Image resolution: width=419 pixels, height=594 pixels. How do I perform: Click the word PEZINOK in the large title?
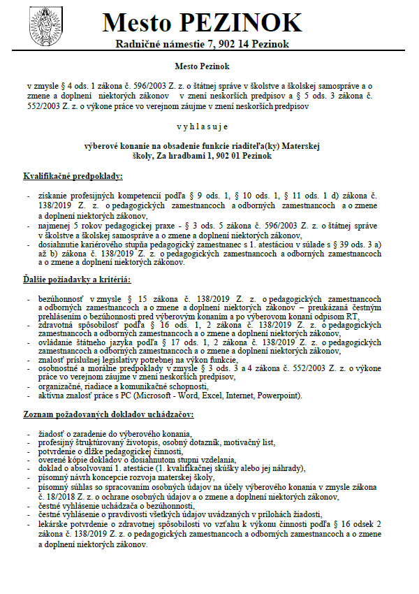point(241,23)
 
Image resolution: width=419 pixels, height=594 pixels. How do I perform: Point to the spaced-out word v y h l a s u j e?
point(209,126)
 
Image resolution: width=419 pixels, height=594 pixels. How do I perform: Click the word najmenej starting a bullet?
point(54,227)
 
